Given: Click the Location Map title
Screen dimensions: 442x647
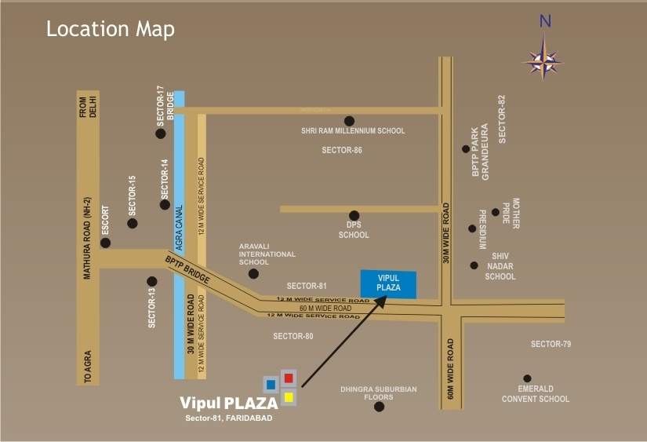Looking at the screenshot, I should pyautogui.click(x=111, y=30).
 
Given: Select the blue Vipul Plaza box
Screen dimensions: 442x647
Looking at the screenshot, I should pyautogui.click(x=389, y=283).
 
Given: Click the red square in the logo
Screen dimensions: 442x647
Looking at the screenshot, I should pyautogui.click(x=288, y=378).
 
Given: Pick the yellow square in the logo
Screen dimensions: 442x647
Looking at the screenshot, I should pyautogui.click(x=288, y=396).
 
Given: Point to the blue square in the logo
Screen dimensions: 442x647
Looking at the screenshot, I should pyautogui.click(x=271, y=385).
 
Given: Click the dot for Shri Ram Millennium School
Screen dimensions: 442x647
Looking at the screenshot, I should pyautogui.click(x=349, y=121).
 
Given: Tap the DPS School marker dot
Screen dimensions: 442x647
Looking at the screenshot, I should pyautogui.click(x=354, y=215).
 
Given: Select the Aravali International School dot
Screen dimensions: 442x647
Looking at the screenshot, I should pyautogui.click(x=253, y=274).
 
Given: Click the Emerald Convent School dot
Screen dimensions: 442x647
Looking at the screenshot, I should pyautogui.click(x=527, y=378).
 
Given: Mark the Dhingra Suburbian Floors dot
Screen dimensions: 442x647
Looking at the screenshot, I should pyautogui.click(x=379, y=406).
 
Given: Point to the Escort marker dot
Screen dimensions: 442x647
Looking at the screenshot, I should pyautogui.click(x=106, y=243).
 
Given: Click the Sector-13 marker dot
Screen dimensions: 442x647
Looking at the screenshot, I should pyautogui.click(x=151, y=281).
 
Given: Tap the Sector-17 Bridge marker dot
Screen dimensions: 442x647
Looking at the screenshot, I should pyautogui.click(x=161, y=133).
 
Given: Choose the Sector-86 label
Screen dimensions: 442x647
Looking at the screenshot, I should pyautogui.click(x=342, y=149).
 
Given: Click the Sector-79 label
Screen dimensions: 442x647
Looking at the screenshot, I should pyautogui.click(x=551, y=344).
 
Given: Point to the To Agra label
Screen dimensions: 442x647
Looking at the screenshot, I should pyautogui.click(x=88, y=367).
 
